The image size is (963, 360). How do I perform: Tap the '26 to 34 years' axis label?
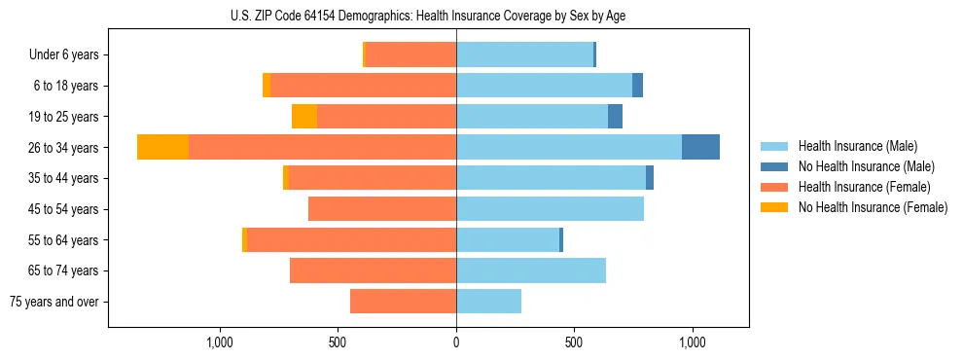64,148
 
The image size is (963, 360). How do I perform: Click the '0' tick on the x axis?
456,342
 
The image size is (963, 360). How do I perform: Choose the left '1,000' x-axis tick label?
220,342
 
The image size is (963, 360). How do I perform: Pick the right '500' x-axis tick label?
574,342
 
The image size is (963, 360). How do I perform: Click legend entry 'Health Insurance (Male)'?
857,146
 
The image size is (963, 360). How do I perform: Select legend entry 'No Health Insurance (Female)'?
873,207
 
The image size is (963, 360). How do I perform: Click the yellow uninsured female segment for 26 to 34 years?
162,147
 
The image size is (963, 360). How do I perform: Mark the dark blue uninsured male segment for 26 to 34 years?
700,147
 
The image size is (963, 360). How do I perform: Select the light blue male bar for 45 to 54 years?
550,208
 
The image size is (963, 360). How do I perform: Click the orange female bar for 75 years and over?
403,302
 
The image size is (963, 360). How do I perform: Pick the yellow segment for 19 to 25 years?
304,117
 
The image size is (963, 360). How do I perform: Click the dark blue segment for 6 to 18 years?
637,86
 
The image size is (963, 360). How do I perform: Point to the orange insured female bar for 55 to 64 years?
351,239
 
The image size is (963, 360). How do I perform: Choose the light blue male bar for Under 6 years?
524,54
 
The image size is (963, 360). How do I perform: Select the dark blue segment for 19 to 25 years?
615,117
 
